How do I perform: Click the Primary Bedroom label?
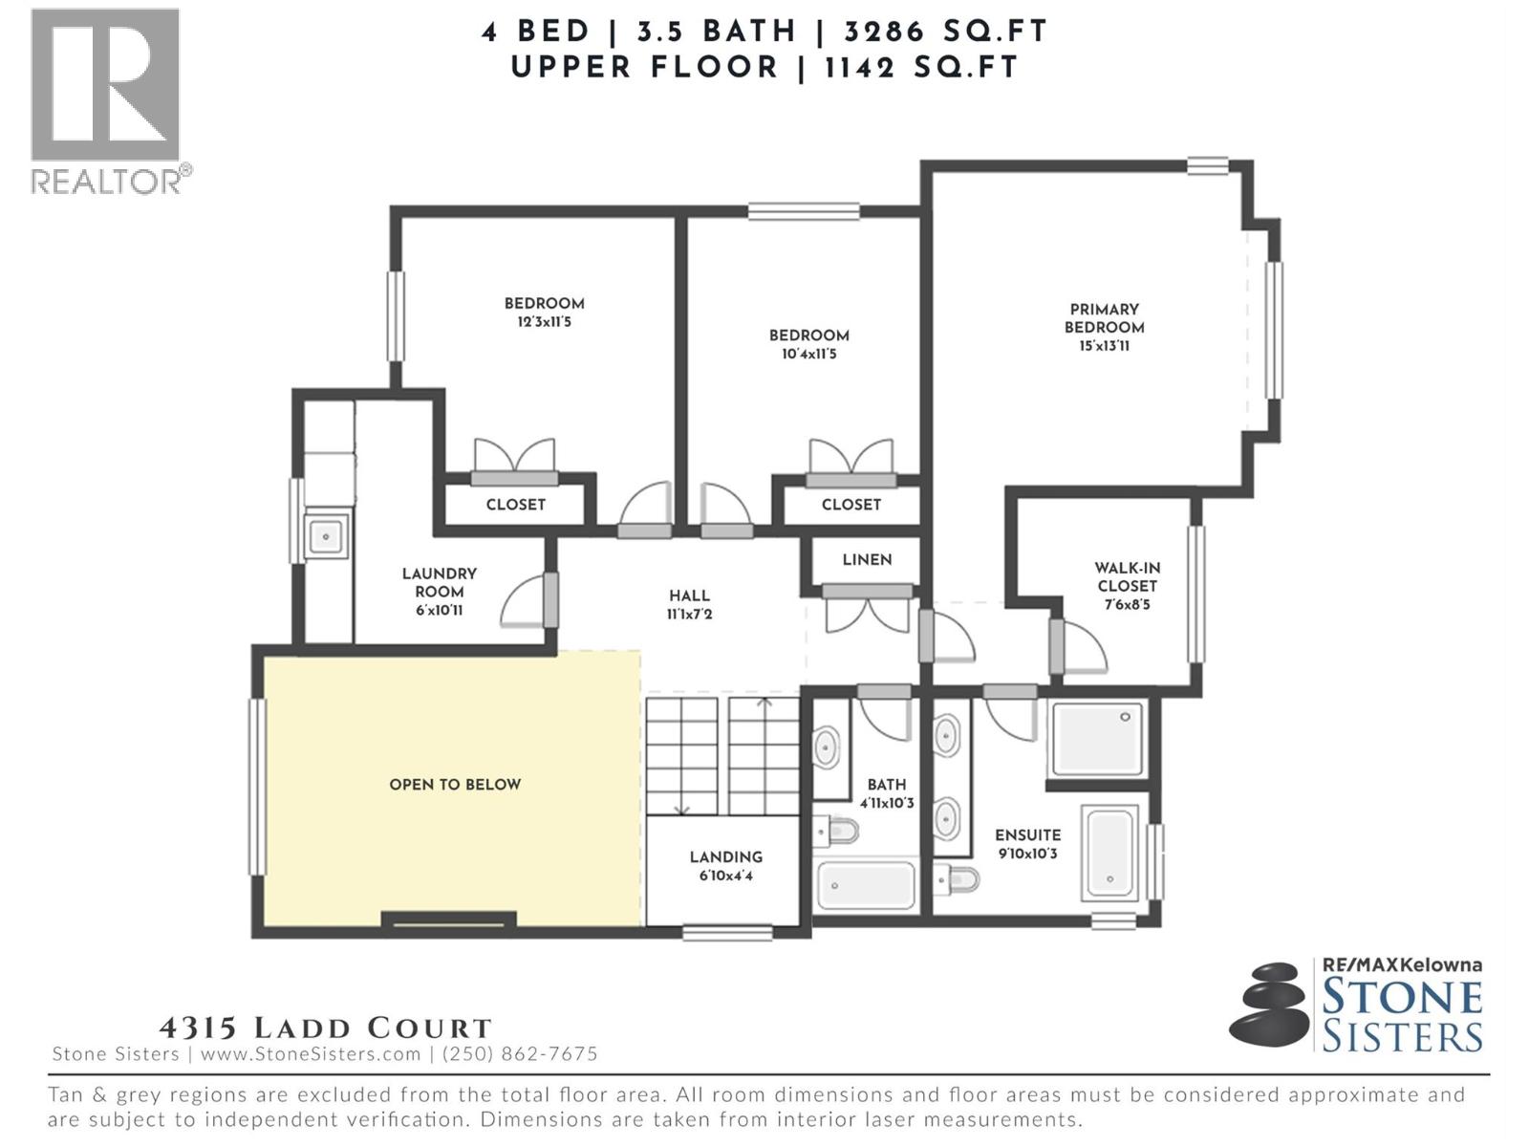1104,318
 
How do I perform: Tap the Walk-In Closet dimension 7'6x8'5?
1127,605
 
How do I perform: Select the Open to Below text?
455,785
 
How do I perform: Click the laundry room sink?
326,536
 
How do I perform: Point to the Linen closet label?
867,560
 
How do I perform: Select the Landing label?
726,857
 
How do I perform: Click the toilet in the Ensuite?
958,878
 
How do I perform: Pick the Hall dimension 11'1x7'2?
689,615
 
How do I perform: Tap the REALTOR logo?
106,100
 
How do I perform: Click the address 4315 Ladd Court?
325,1028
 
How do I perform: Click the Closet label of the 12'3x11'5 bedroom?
515,505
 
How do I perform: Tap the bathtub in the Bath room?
866,885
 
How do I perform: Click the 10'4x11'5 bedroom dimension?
808,355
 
